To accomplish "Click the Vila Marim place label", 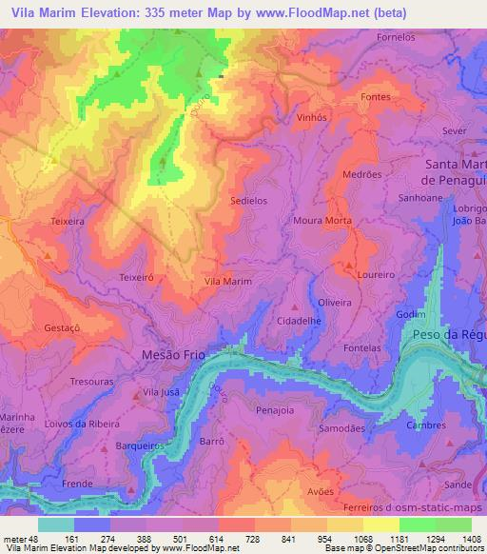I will click(x=228, y=282).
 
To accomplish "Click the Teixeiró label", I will click(x=137, y=277).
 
